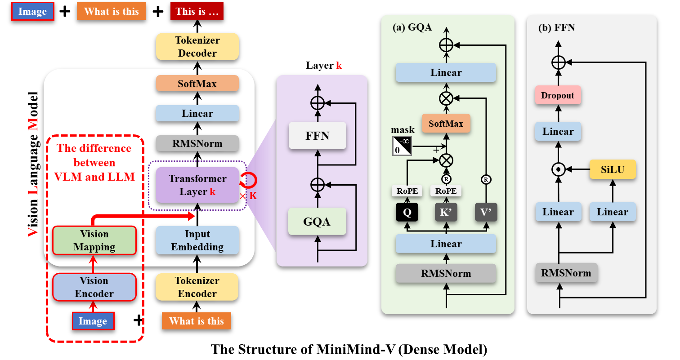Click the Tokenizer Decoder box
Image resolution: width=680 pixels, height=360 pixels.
[x=197, y=47]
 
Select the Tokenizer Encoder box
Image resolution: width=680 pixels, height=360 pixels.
[x=197, y=287]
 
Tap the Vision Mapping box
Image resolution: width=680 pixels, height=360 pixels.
[x=94, y=240]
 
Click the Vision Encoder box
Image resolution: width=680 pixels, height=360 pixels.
[x=94, y=287]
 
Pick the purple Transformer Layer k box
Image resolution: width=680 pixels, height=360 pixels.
[x=197, y=185]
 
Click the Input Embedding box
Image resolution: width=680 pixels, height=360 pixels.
[x=197, y=240]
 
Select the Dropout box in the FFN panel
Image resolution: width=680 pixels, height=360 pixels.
[x=558, y=96]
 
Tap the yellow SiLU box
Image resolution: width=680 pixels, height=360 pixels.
[x=613, y=170]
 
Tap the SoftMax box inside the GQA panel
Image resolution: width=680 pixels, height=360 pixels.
[x=446, y=123]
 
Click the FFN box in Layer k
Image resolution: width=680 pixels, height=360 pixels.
[x=318, y=135]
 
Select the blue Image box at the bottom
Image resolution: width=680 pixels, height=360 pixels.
[x=93, y=321]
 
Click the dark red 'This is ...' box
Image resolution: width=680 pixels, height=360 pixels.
[x=197, y=12]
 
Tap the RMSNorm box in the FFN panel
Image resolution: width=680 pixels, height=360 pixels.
[x=566, y=273]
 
